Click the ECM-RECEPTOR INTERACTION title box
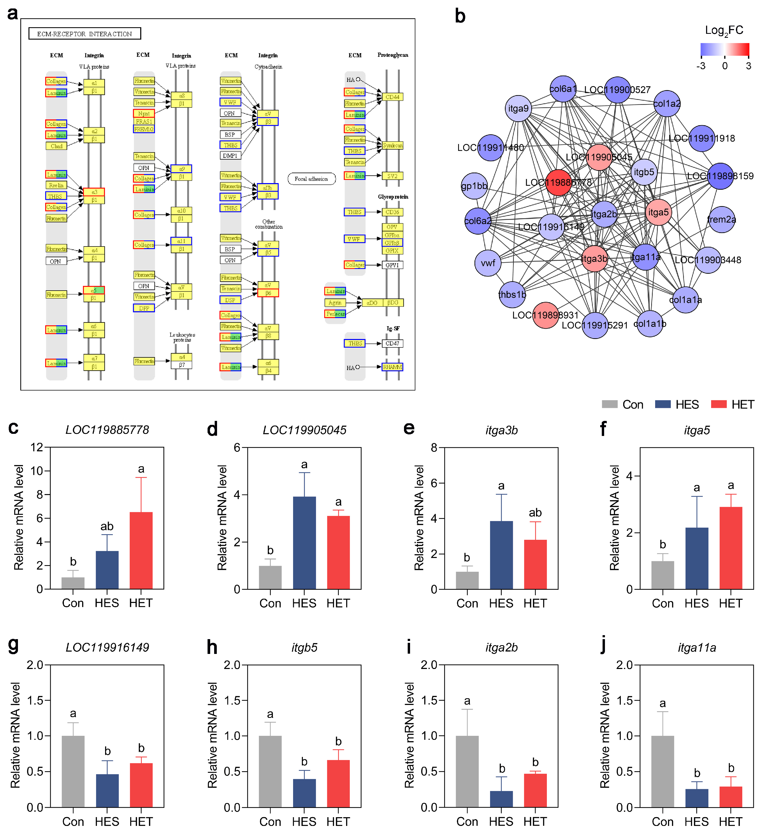(x=84, y=34)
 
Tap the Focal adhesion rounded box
(x=311, y=179)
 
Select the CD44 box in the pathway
(x=392, y=97)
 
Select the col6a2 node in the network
(x=478, y=221)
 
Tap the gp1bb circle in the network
(x=474, y=186)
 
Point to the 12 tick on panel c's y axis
(x=37, y=447)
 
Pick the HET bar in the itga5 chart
(x=730, y=548)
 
